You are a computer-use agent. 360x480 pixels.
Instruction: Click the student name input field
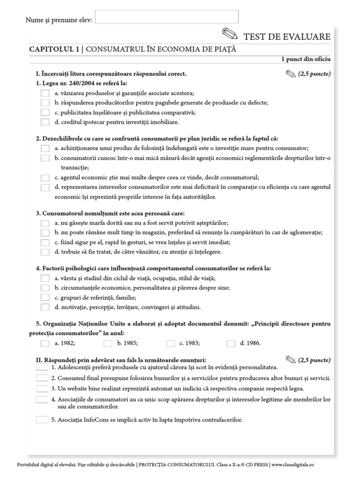pos(166,17)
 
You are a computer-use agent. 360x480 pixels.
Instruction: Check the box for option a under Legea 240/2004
pos(45,93)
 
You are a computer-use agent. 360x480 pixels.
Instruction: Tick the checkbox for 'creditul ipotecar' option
pos(45,122)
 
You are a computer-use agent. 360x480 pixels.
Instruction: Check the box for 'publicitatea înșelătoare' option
pos(45,112)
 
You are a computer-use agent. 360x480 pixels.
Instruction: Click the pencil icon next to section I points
pos(290,74)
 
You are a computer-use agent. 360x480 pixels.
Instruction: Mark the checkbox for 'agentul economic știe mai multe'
pos(45,178)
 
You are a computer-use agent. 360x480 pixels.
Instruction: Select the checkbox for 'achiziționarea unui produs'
pos(45,148)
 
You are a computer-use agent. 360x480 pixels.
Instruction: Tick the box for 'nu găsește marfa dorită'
pos(45,223)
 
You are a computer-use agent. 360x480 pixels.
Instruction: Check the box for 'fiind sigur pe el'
pos(45,242)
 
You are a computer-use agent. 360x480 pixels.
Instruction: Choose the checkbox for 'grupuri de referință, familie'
pos(45,298)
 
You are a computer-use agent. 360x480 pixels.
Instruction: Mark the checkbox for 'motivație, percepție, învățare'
pos(45,307)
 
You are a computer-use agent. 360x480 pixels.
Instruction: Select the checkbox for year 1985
pos(108,344)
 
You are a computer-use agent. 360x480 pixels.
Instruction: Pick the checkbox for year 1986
pos(231,344)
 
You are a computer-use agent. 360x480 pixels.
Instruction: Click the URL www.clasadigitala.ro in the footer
pos(292,464)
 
